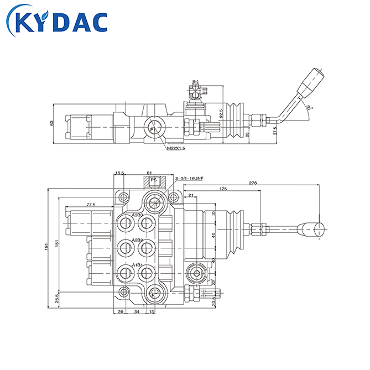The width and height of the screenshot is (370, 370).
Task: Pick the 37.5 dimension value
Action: pos(275,131)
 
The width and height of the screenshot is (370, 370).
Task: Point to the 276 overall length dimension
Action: pos(254,183)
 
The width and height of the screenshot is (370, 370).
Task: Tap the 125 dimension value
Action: pos(223,189)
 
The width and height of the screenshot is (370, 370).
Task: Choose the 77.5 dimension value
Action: pos(91,205)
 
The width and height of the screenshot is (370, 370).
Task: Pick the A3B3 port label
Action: pos(137,215)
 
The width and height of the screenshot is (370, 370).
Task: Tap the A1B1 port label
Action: pos(137,265)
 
